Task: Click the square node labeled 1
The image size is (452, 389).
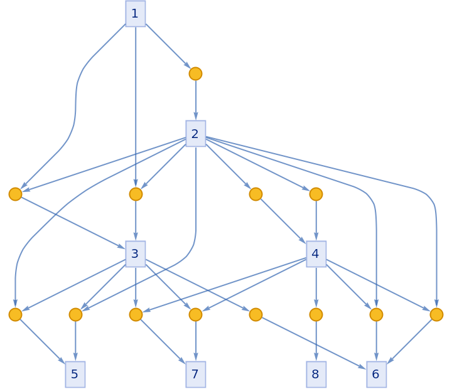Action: click(x=136, y=13)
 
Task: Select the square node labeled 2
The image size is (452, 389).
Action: click(x=196, y=134)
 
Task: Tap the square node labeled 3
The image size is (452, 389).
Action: click(x=136, y=254)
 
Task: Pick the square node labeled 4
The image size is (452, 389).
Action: click(x=316, y=254)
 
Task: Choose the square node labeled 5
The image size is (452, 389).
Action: click(x=75, y=375)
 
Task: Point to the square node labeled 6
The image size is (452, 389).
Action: click(x=376, y=375)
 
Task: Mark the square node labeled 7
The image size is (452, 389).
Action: click(x=196, y=375)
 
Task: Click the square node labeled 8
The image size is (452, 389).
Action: click(x=316, y=375)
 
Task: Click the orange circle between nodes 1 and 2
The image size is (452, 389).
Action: click(x=196, y=73)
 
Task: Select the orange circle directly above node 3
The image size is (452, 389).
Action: click(x=136, y=194)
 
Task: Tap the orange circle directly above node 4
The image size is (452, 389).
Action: click(x=316, y=194)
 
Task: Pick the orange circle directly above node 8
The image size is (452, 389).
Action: click(x=316, y=314)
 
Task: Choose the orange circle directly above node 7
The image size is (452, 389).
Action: click(x=196, y=314)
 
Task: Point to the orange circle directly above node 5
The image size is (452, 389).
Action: click(x=75, y=314)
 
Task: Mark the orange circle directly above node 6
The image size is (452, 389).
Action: click(x=376, y=314)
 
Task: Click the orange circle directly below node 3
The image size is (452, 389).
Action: click(x=136, y=314)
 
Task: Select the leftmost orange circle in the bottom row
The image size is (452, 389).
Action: click(x=15, y=314)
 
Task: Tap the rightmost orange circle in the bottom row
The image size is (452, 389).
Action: click(x=436, y=314)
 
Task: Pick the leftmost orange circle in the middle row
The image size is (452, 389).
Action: click(x=15, y=194)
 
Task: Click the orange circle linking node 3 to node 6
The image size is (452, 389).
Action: click(x=256, y=314)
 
